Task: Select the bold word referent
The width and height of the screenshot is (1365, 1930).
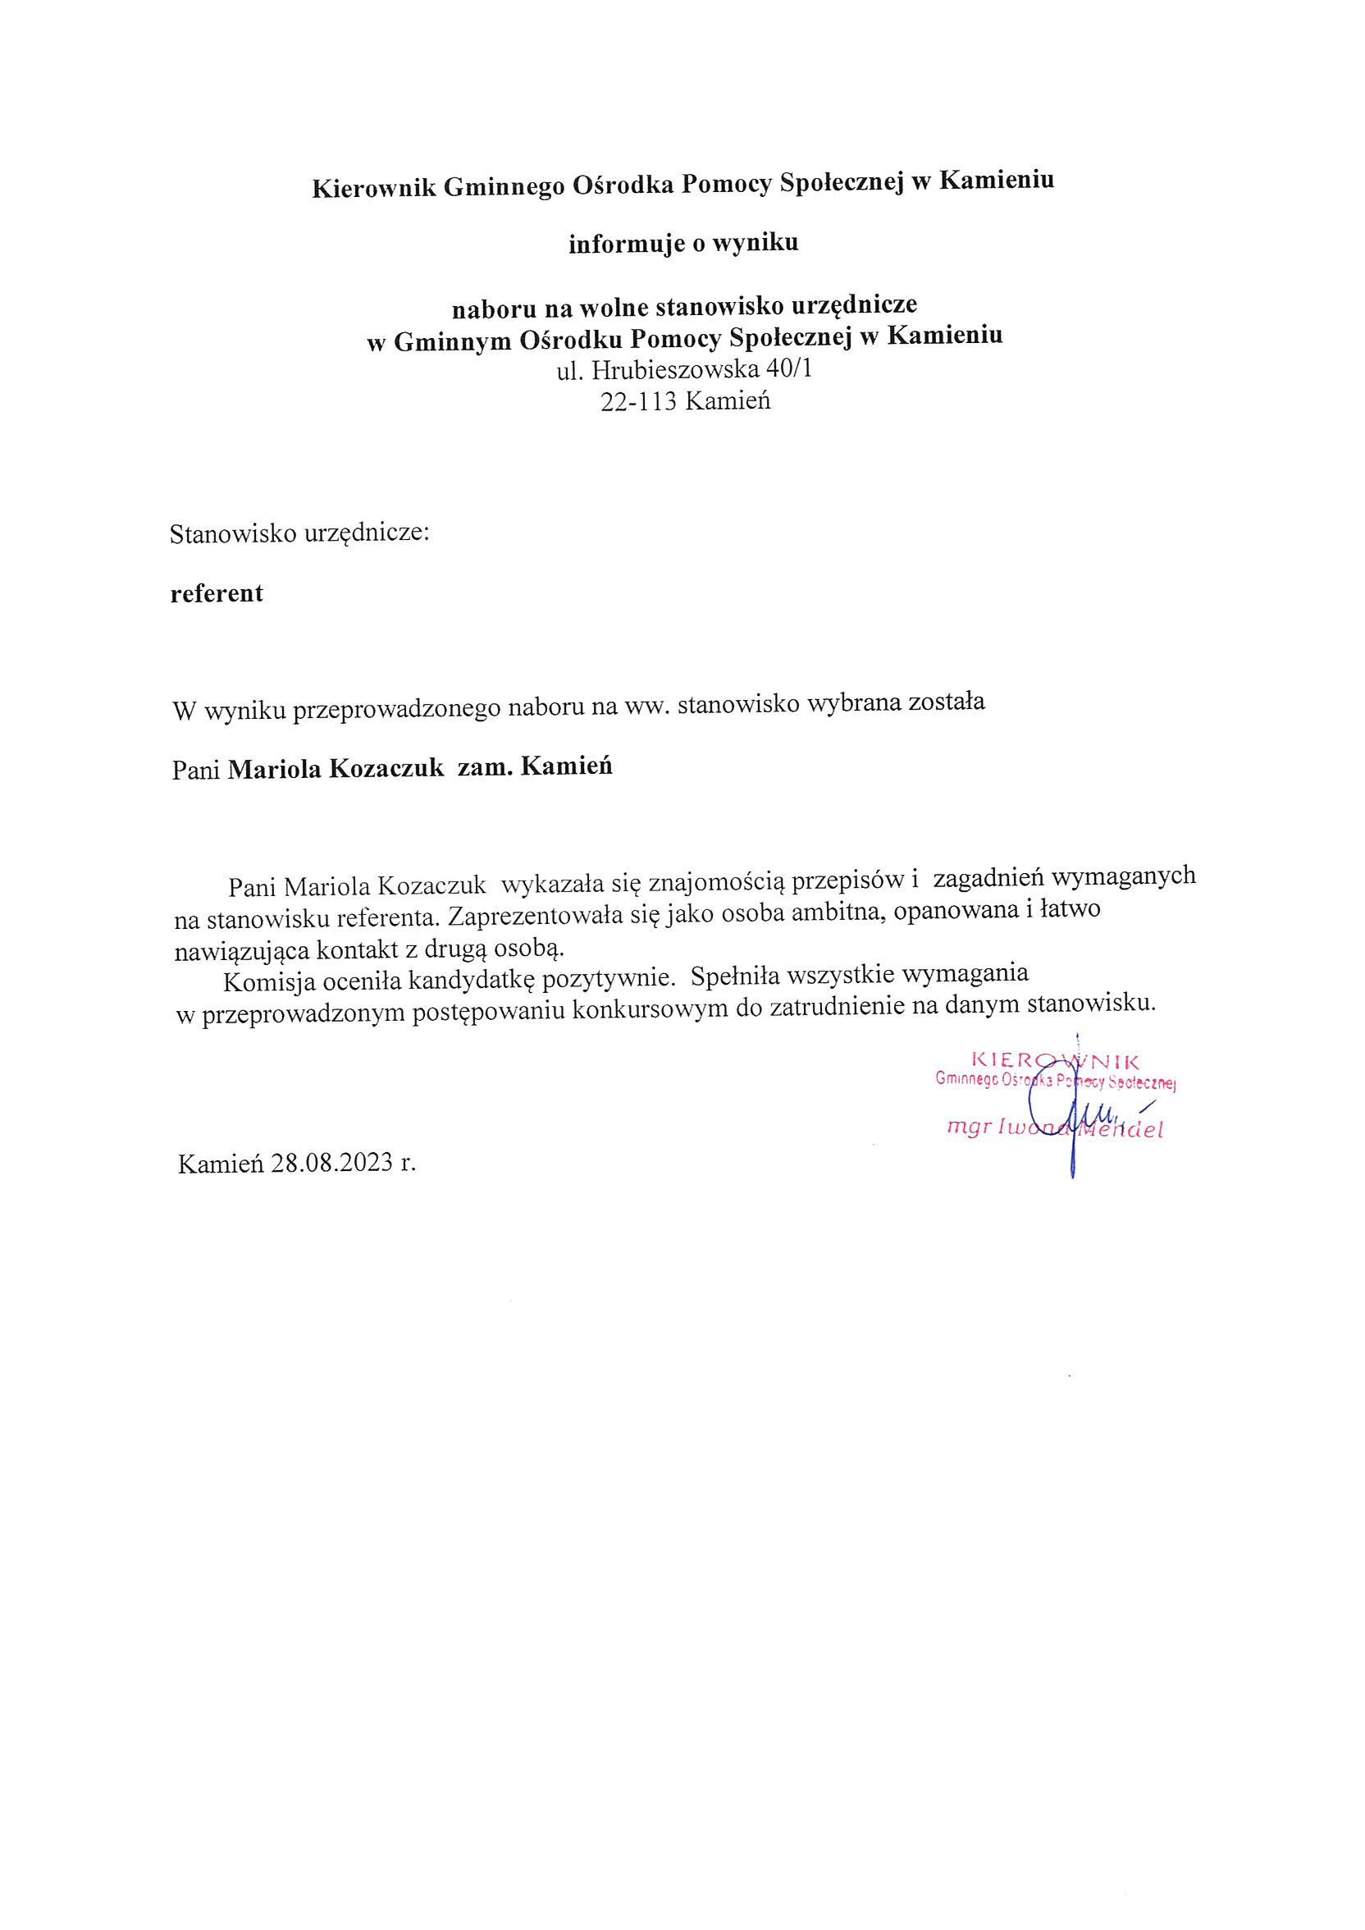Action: click(217, 593)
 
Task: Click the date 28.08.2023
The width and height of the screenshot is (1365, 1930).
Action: click(332, 1164)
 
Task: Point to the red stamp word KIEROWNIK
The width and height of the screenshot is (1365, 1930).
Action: click(1055, 1061)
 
